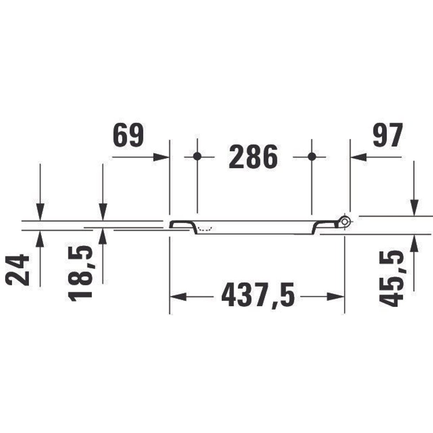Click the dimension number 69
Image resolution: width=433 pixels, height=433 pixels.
pyautogui.click(x=128, y=135)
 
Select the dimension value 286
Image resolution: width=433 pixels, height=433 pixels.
pyautogui.click(x=253, y=157)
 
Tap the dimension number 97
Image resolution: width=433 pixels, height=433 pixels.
pyautogui.click(x=387, y=135)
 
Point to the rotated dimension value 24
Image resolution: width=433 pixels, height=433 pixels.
pyautogui.click(x=17, y=270)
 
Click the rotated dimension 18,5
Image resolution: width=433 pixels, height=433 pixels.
pyautogui.click(x=80, y=273)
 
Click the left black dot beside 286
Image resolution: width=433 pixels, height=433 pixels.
pyautogui.click(x=197, y=156)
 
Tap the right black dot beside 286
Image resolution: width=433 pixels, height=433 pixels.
pyautogui.click(x=311, y=156)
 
